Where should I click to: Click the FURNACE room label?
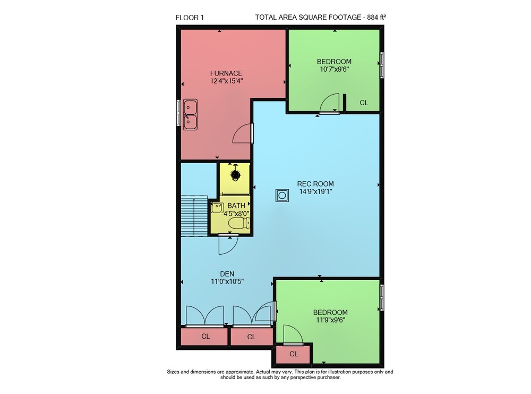click(226, 73)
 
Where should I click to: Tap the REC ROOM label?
click(315, 184)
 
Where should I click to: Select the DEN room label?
click(227, 274)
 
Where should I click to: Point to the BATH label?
click(236, 205)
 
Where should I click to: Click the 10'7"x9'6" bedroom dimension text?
click(334, 69)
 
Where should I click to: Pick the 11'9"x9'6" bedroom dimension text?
click(330, 320)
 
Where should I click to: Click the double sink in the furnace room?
click(190, 115)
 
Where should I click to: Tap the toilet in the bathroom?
click(239, 223)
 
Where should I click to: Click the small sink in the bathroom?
click(217, 207)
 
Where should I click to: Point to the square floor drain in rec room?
click(282, 195)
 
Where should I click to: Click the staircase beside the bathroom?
click(194, 216)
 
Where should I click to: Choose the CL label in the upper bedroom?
click(364, 103)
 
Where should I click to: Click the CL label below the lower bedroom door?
click(294, 354)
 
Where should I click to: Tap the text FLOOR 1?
click(190, 18)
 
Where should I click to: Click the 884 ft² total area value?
click(376, 18)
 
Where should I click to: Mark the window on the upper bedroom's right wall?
click(382, 65)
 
